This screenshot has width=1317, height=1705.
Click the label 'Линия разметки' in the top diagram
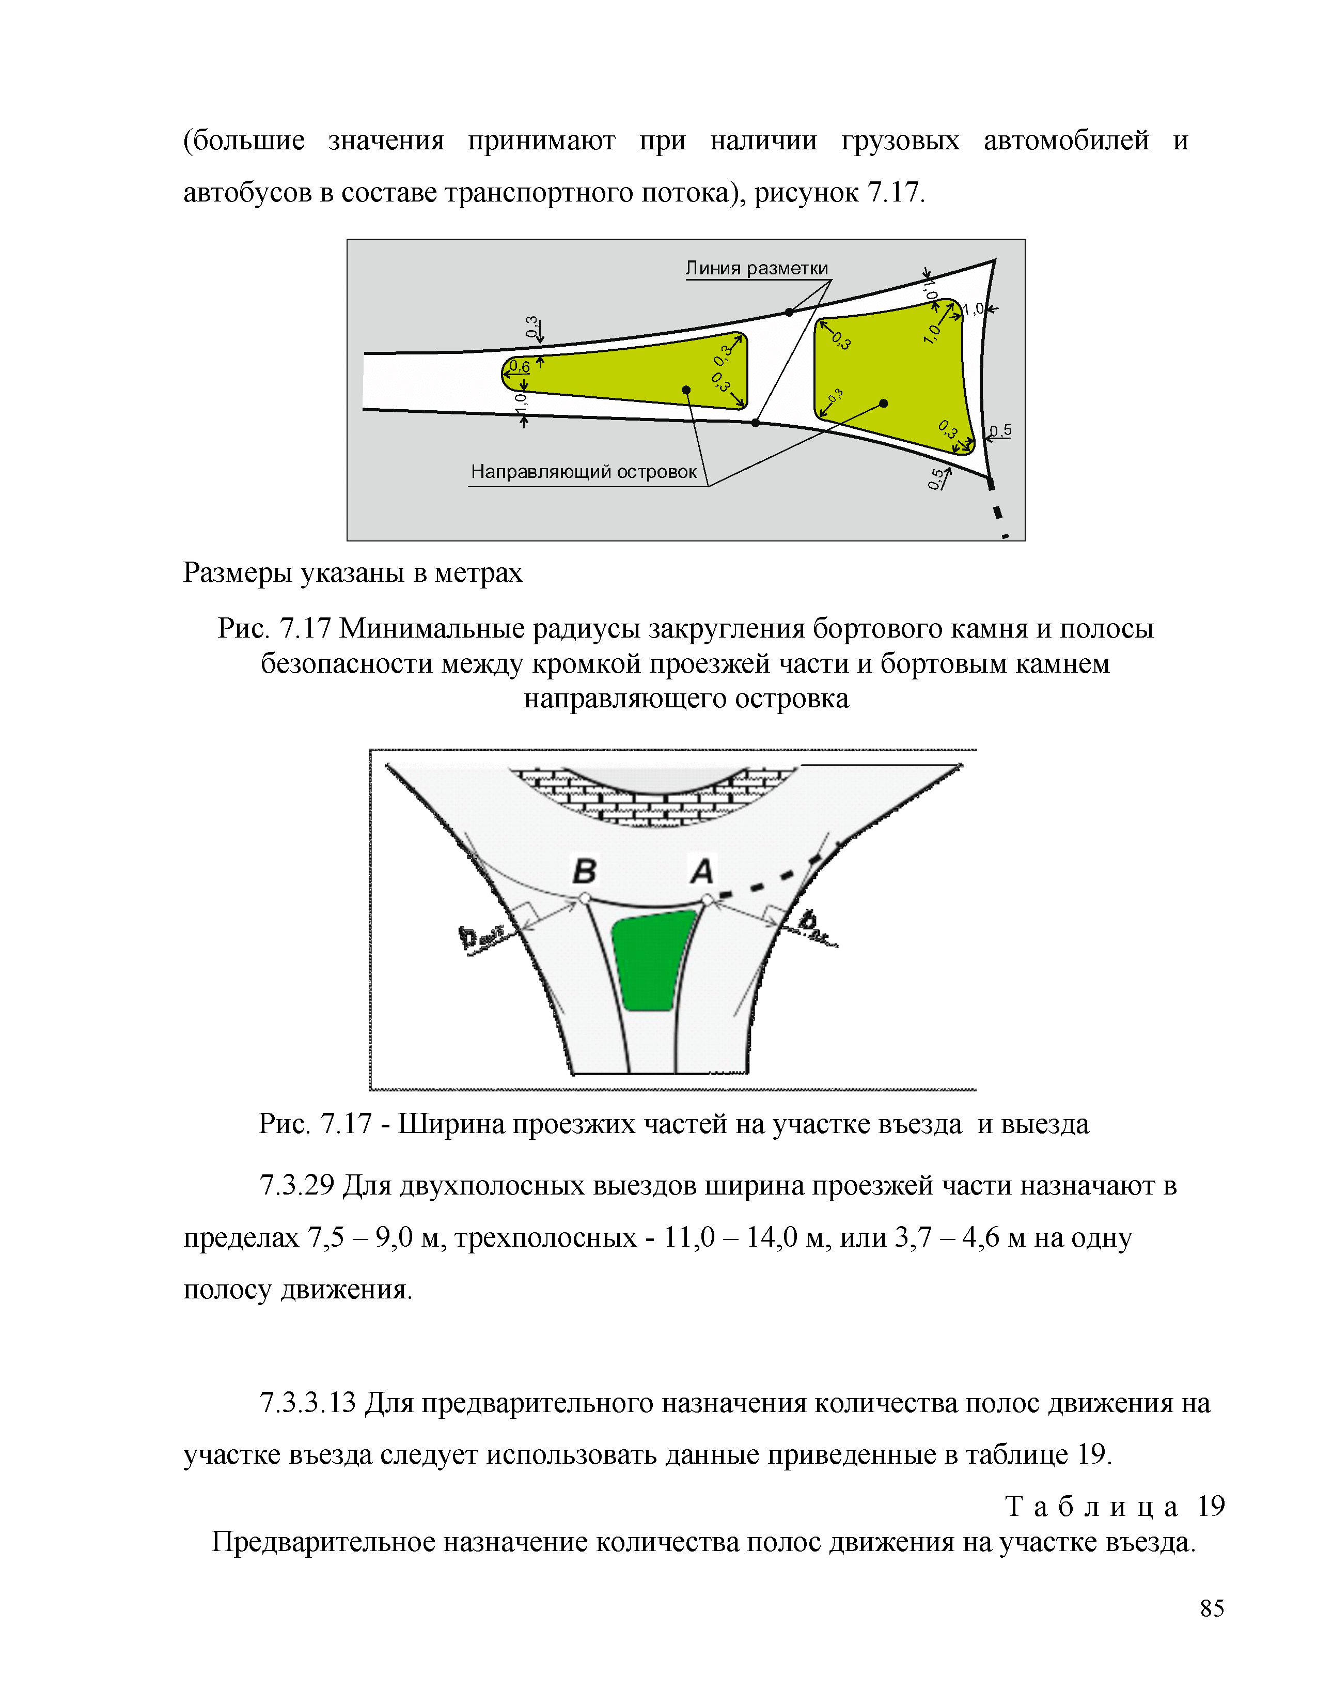point(756,269)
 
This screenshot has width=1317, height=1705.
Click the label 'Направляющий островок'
point(584,472)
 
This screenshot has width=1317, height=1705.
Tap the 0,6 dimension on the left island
point(519,366)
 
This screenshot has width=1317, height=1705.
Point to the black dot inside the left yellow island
point(686,390)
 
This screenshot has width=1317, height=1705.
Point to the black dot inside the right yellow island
point(883,404)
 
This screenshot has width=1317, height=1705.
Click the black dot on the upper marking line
point(789,312)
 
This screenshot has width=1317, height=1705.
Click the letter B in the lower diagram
point(584,871)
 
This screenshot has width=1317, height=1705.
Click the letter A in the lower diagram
point(702,871)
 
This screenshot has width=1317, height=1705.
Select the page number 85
point(1212,1608)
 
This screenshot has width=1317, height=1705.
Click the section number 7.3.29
point(296,1185)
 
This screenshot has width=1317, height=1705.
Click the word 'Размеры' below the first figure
point(237,573)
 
